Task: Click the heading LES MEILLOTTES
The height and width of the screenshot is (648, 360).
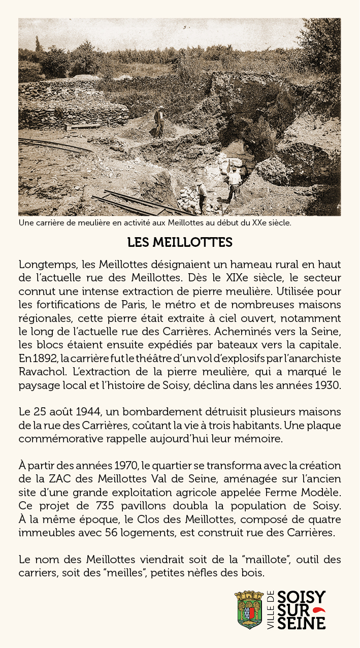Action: coord(180,242)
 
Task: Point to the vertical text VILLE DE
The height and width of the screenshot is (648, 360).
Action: coord(270,610)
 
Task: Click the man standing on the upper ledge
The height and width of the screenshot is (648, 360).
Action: coord(160,120)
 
